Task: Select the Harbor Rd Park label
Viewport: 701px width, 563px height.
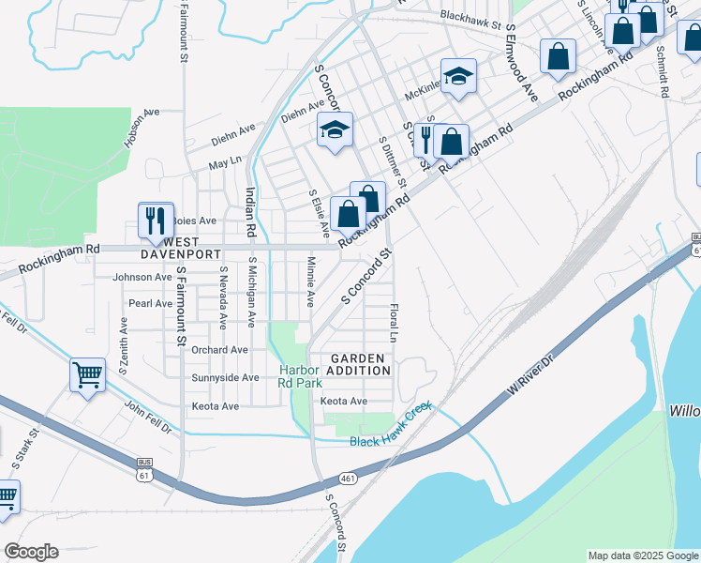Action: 300,376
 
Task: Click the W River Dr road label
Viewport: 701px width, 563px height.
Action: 534,373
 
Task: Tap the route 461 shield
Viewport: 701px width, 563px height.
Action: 348,479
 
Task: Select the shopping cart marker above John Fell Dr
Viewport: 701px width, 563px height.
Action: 87,375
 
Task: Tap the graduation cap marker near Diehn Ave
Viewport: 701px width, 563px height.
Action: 335,130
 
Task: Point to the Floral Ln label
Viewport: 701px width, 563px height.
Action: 395,321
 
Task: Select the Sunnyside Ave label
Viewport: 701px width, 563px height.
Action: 225,377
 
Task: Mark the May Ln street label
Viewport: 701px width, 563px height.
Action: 225,162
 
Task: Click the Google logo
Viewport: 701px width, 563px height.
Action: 31,552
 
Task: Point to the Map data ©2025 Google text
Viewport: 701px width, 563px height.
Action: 642,555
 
